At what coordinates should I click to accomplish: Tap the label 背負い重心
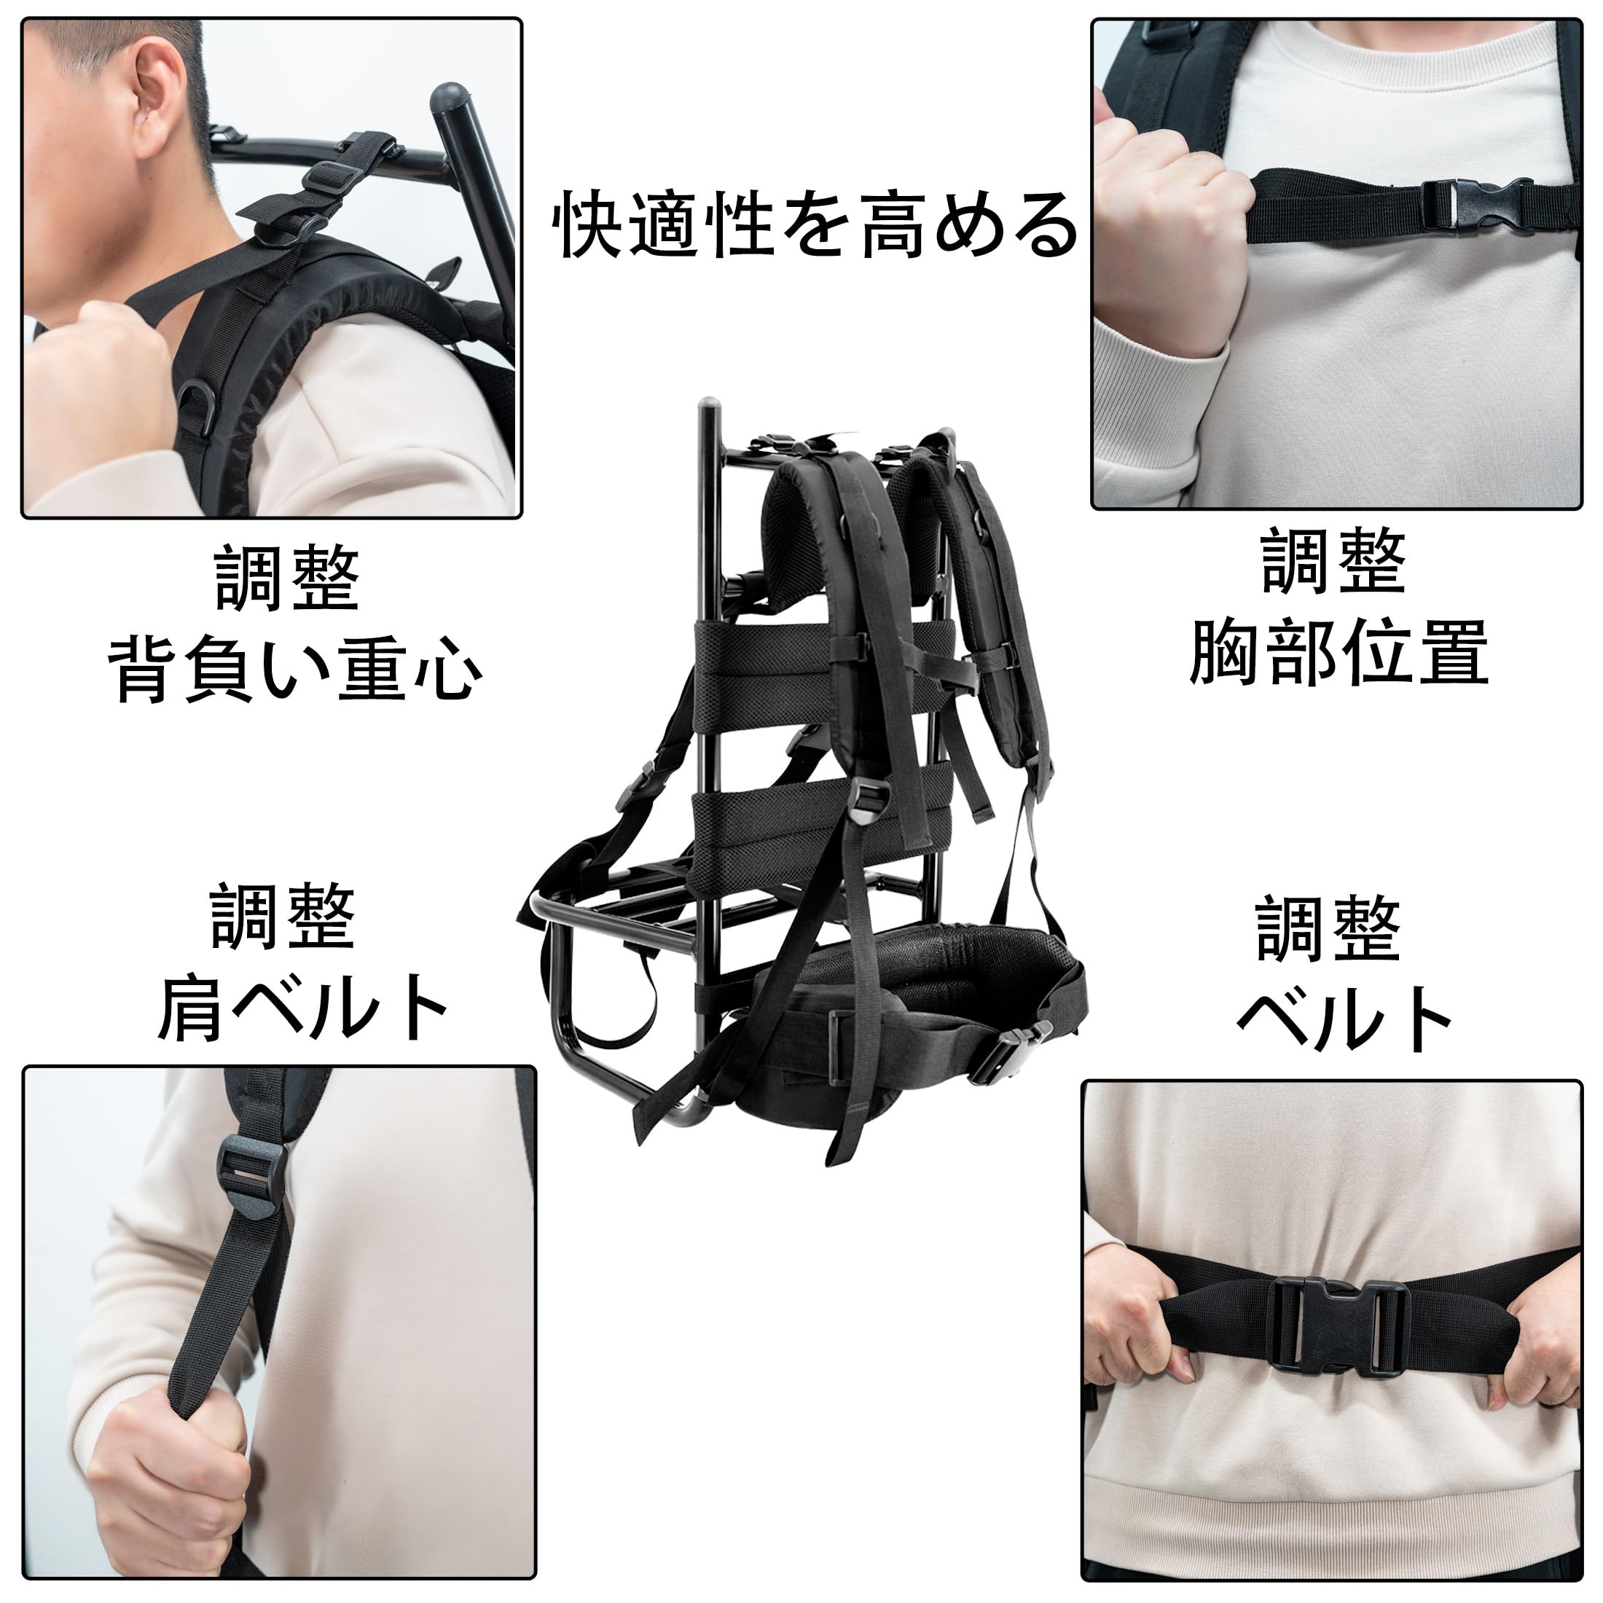294,670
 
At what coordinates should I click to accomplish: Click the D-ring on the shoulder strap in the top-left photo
197,407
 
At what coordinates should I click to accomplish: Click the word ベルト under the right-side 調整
1344,1021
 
